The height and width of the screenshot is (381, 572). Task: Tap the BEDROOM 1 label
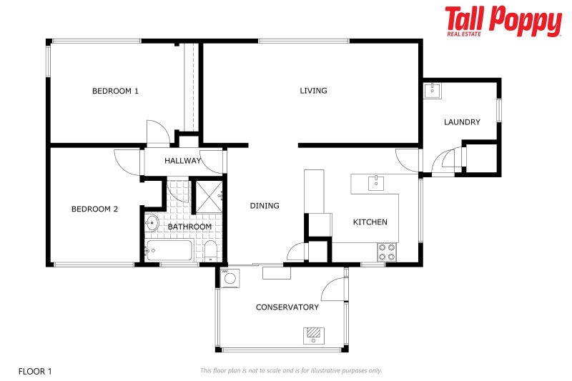coord(115,91)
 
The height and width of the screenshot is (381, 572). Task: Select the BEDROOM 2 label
coord(94,209)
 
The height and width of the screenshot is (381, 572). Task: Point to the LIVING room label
coord(313,91)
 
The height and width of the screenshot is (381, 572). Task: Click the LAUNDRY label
coord(462,122)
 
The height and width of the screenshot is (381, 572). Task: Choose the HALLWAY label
coord(183,161)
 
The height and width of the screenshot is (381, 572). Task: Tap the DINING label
coord(265,206)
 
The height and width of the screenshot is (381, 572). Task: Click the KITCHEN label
coord(370,222)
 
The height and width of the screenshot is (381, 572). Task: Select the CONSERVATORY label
coord(287,307)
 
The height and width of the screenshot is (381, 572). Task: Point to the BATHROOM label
coord(189,227)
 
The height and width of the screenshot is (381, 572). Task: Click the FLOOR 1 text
coord(35,371)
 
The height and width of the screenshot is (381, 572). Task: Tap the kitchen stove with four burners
coord(387,252)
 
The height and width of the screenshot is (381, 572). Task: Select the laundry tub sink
coord(433,91)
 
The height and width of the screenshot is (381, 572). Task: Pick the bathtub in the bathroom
coord(169,251)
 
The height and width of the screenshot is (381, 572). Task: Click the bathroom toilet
coord(209,250)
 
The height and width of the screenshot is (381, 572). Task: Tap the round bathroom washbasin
coord(152,222)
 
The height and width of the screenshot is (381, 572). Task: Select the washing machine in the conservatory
coord(229,278)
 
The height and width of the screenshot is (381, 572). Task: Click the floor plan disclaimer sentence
coord(291,370)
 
